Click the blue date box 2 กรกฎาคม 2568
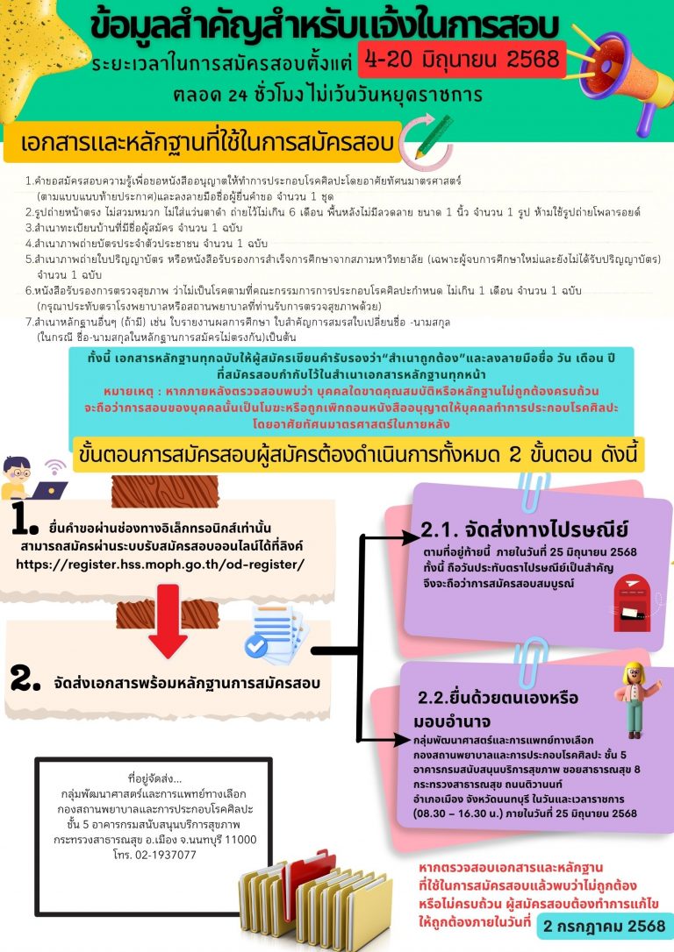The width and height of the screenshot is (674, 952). [x=605, y=925]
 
